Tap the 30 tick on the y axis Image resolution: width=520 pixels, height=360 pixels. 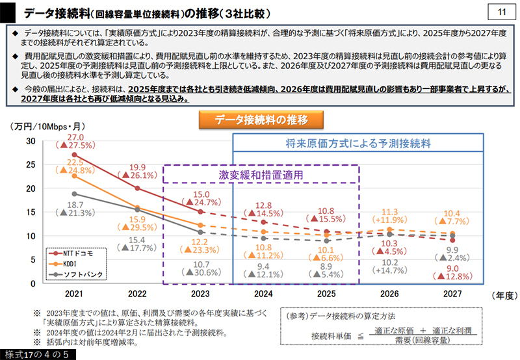click(x=31, y=141)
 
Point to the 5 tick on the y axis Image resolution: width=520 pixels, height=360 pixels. click(x=33, y=260)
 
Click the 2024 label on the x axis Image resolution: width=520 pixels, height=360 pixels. click(x=263, y=294)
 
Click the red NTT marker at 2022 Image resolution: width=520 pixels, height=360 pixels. click(x=137, y=188)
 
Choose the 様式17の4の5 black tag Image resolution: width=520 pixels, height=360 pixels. click(x=38, y=354)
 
